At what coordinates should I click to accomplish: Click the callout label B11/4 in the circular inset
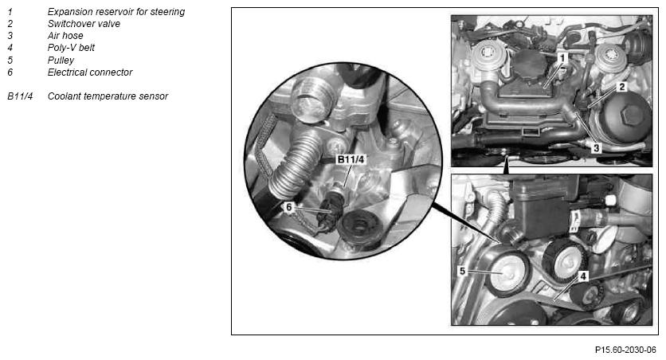coord(351,159)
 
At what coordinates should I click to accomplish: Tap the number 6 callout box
coord(289,207)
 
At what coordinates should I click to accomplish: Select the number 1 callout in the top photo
coord(562,57)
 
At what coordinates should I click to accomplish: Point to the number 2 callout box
coord(622,87)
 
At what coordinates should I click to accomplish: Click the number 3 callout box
coord(597,148)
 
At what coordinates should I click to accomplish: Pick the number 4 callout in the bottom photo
coord(583,276)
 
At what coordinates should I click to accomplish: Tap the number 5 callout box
coord(463,271)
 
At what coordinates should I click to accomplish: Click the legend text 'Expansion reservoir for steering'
coord(116,12)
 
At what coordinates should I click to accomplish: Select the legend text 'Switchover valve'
coord(84,24)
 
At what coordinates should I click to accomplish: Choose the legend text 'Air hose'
coord(65,36)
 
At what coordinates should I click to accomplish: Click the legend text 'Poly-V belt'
coord(71,48)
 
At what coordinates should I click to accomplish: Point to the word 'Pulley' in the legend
coord(61,60)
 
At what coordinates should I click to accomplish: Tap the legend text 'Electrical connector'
coord(90,72)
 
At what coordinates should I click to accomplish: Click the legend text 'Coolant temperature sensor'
coord(108,96)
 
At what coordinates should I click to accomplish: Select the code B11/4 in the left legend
coord(20,96)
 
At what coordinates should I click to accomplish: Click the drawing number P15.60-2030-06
coord(625,350)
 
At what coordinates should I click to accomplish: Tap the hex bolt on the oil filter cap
coord(631,114)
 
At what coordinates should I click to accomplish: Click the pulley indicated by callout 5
coord(507,273)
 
